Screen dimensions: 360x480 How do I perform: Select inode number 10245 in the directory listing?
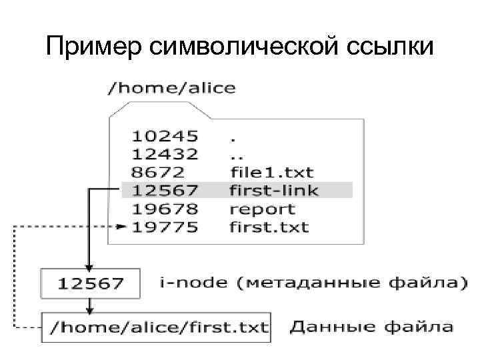tap(165, 136)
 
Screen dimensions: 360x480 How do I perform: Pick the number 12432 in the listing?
tap(165, 154)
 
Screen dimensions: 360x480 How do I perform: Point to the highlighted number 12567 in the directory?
tap(165, 191)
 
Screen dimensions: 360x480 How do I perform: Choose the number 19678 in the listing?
tap(165, 209)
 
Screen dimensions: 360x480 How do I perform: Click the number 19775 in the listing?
tap(165, 227)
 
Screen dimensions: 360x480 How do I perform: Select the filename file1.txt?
tap(271, 173)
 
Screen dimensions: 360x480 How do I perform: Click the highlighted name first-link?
tap(273, 191)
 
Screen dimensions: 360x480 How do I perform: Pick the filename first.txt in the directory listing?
tap(269, 227)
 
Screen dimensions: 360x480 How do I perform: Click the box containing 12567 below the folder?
tap(91, 283)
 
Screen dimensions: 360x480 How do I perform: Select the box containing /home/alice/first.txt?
tap(156, 327)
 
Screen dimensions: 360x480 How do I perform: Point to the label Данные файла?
tap(371, 327)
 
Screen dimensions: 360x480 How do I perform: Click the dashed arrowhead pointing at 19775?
tap(121, 227)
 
